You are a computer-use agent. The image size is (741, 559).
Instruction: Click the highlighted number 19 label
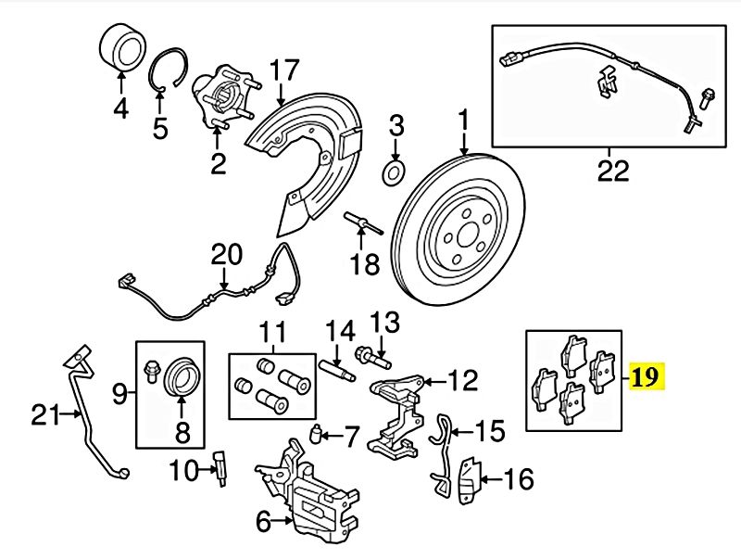[647, 377]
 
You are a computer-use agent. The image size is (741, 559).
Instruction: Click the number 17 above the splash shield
[285, 70]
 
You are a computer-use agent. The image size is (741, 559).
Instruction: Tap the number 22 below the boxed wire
[613, 171]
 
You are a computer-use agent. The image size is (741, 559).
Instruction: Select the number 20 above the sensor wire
[225, 255]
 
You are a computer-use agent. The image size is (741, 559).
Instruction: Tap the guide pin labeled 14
[338, 364]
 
